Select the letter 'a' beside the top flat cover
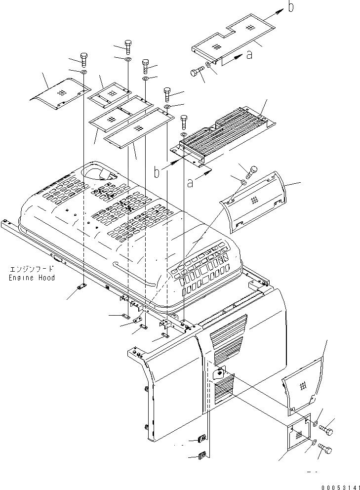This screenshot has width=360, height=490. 250,55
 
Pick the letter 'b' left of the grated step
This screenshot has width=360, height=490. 157,172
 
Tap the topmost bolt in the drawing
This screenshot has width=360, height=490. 128,47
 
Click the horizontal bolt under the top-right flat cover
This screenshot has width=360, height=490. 197,73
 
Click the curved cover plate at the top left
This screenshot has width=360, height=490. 62,94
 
